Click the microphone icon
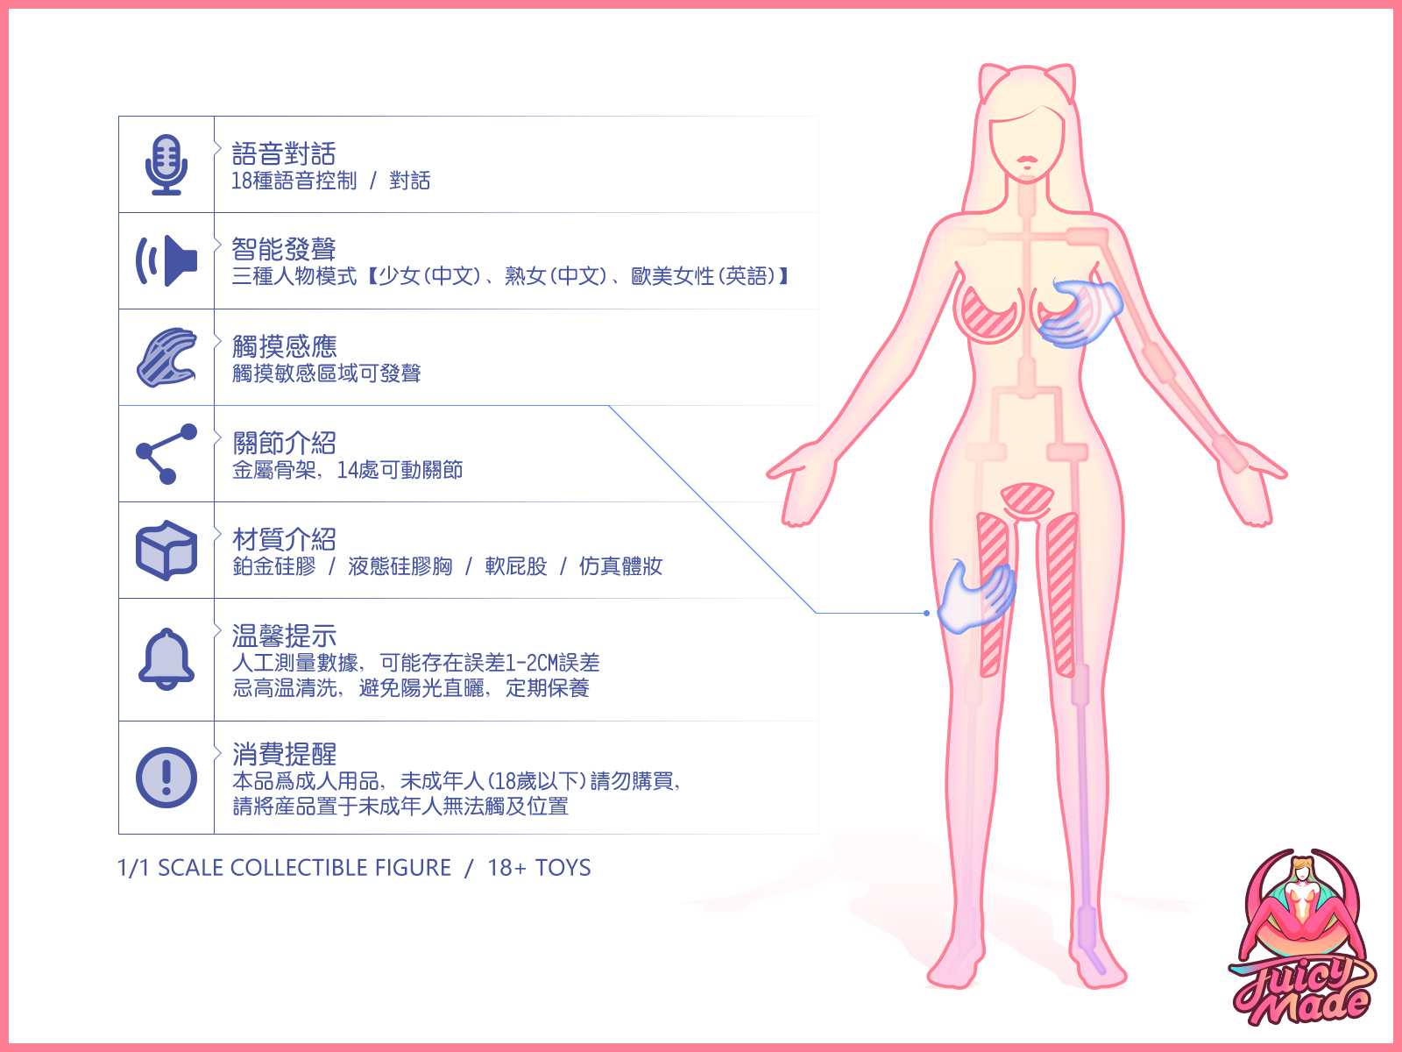166,165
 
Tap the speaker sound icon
166,260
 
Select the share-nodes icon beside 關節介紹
166,454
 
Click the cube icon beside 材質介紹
166,551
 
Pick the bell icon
166,659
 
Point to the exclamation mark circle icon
166,778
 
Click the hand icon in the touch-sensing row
166,358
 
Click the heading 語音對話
284,154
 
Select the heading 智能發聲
284,250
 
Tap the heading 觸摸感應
285,346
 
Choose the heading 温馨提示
284,636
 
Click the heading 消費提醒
284,753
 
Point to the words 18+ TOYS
539,868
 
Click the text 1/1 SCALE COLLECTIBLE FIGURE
284,868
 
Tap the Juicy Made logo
1302,938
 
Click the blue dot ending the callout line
926,613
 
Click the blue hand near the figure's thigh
976,597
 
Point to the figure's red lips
1027,162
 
